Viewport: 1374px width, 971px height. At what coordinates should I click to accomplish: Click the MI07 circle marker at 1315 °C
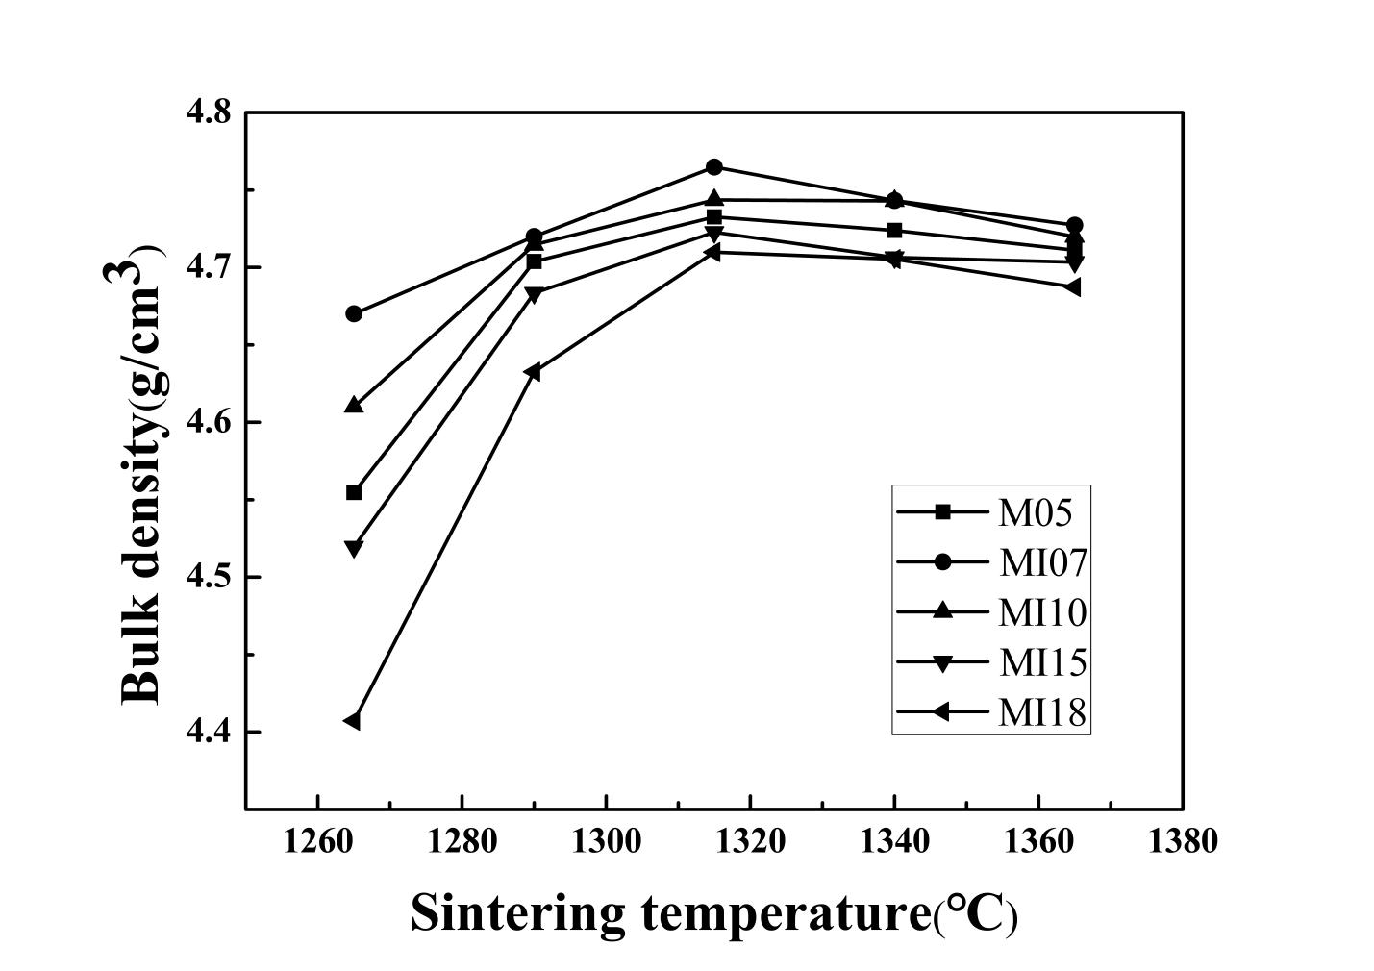pyautogui.click(x=714, y=167)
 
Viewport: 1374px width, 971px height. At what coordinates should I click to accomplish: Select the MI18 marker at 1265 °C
pyautogui.click(x=352, y=721)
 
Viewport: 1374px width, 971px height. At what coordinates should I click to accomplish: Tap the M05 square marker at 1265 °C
pyautogui.click(x=354, y=492)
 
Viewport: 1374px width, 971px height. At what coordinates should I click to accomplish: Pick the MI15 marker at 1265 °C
pyautogui.click(x=354, y=549)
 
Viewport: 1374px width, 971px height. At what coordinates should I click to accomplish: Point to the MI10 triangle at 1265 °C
pyautogui.click(x=354, y=405)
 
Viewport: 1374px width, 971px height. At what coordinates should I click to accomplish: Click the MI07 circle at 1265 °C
pyautogui.click(x=354, y=313)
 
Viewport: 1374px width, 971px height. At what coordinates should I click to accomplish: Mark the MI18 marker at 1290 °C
pyautogui.click(x=533, y=372)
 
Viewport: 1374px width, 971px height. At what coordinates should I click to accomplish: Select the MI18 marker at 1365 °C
pyautogui.click(x=1073, y=287)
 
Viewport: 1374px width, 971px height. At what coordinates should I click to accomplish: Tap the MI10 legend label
pyautogui.click(x=1042, y=612)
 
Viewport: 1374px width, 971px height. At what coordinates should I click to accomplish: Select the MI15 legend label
pyautogui.click(x=1042, y=662)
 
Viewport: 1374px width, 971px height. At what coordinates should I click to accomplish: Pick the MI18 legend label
pyautogui.click(x=1042, y=712)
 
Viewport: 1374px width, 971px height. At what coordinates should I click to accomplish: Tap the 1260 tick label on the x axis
pyautogui.click(x=317, y=841)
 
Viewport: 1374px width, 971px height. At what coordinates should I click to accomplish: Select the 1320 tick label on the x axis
pyautogui.click(x=750, y=841)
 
